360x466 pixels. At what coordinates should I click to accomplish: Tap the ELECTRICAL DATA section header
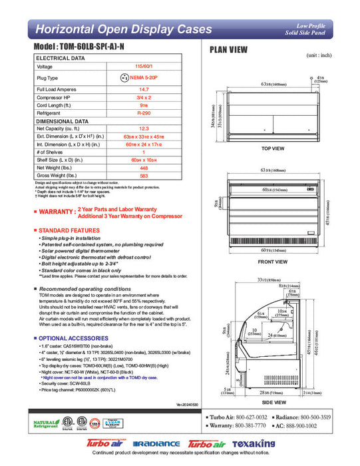[60, 59]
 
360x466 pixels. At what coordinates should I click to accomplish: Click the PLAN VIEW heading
[229, 49]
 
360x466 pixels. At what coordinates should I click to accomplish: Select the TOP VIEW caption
[273, 148]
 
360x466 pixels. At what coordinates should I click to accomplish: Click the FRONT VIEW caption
[273, 262]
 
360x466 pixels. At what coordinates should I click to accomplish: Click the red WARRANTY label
[56, 211]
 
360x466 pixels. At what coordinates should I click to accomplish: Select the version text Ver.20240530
[188, 405]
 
